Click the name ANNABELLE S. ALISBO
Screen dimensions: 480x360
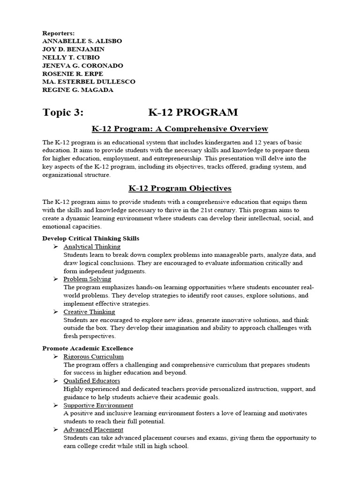click(x=82, y=41)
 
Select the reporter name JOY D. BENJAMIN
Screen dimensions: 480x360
click(x=74, y=49)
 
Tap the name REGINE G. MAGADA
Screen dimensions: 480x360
click(x=78, y=90)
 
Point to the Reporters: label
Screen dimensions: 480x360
click(x=59, y=33)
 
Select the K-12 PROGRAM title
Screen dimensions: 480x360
click(x=193, y=112)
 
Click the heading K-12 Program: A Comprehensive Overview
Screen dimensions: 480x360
click(x=180, y=129)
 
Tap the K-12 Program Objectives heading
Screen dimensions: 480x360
click(x=180, y=188)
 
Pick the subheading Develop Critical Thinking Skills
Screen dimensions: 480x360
click(x=90, y=239)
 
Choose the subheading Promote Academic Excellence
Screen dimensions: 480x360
click(x=88, y=348)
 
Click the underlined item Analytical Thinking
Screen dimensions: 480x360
click(x=92, y=247)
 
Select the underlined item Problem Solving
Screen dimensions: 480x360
click(x=87, y=279)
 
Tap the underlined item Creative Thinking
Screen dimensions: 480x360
click(x=89, y=312)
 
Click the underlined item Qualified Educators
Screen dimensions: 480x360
click(x=92, y=381)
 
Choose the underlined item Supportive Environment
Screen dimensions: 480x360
click(x=98, y=405)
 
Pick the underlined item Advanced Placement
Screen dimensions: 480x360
click(x=93, y=430)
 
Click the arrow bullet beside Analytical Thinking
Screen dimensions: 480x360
click(x=55, y=247)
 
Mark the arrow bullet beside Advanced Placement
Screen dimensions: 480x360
click(x=55, y=430)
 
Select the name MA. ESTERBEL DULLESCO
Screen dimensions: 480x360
click(x=89, y=82)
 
